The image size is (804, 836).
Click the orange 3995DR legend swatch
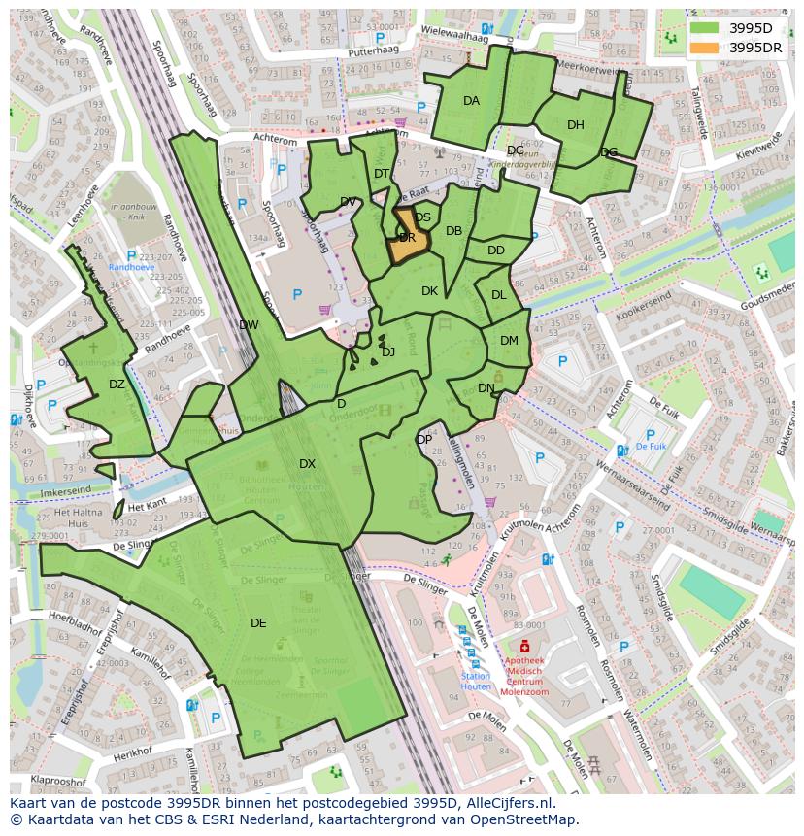(x=705, y=48)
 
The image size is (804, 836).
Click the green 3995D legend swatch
(x=705, y=28)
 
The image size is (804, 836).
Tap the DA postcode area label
(x=471, y=101)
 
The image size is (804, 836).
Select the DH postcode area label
(x=576, y=125)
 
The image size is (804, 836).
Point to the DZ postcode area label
(x=117, y=385)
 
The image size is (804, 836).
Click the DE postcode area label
(x=258, y=623)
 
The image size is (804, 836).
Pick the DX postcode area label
(x=307, y=464)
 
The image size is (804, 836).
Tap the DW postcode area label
(x=249, y=325)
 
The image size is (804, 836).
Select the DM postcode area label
(x=509, y=341)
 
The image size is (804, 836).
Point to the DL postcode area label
(x=498, y=295)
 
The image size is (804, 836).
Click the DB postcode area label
(x=453, y=231)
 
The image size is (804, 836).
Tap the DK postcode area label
(x=429, y=291)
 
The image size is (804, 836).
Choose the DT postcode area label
(x=382, y=174)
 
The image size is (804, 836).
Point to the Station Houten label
(x=476, y=682)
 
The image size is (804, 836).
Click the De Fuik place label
(x=651, y=447)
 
